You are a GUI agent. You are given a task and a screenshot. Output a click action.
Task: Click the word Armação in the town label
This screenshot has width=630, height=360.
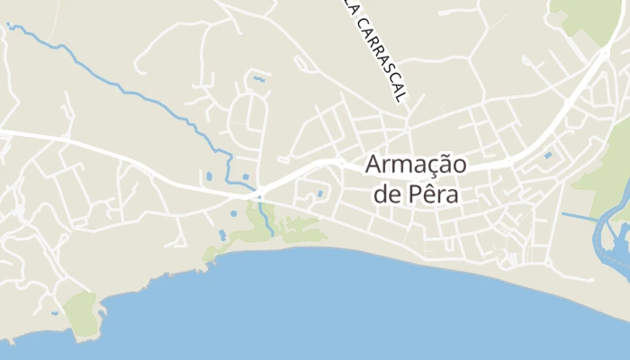(415, 167)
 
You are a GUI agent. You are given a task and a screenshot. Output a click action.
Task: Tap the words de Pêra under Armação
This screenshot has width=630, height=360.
(415, 194)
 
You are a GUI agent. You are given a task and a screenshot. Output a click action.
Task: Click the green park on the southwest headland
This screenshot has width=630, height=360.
(81, 311)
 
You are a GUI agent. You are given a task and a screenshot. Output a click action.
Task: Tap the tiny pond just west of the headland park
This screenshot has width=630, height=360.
(55, 313)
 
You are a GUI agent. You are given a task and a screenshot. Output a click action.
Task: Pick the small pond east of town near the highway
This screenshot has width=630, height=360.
(548, 156)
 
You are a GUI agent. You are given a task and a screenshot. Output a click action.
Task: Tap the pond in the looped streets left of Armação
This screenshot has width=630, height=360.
(320, 193)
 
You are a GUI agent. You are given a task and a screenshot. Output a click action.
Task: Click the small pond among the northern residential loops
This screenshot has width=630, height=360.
(259, 79)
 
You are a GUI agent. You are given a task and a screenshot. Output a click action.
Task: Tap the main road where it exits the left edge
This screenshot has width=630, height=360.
(4, 132)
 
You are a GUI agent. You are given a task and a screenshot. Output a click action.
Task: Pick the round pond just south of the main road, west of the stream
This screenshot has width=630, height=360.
(232, 214)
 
